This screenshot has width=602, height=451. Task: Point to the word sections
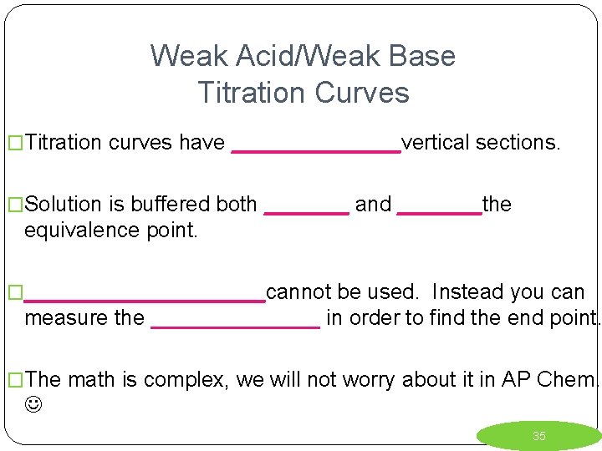518,143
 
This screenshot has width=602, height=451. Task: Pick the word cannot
296,292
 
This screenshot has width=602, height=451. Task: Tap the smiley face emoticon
33,405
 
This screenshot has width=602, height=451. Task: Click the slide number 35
539,436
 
